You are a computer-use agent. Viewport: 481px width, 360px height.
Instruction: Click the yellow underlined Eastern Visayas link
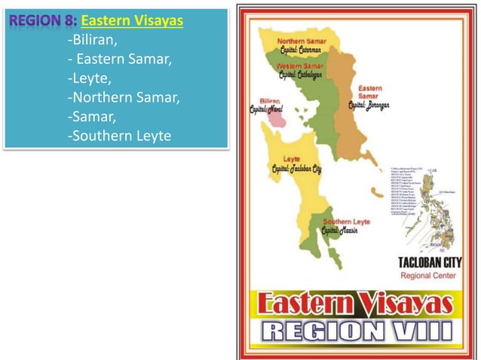[132, 20]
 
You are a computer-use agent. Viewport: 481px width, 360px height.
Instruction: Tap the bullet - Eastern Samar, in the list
[109, 59]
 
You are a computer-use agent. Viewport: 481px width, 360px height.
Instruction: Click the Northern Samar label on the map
[302, 40]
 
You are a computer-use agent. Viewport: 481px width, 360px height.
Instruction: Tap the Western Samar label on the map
[301, 66]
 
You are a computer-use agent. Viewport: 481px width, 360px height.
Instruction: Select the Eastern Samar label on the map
[369, 93]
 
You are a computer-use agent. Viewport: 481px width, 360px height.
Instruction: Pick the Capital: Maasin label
[339, 230]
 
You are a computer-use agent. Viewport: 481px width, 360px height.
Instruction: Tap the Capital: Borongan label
[369, 106]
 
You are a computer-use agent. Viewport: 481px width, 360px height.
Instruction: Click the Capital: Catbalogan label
[301, 75]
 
